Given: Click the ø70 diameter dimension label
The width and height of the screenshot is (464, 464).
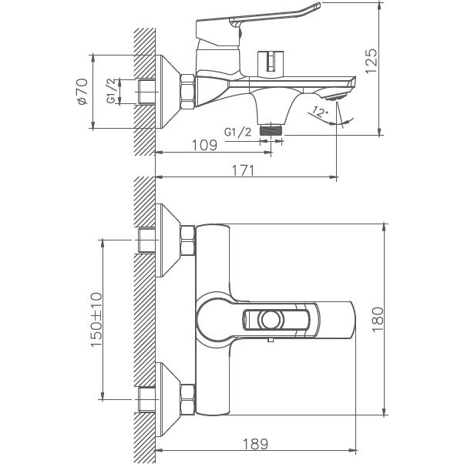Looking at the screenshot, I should click(x=82, y=92).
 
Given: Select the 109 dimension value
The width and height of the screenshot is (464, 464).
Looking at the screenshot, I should click(x=201, y=143).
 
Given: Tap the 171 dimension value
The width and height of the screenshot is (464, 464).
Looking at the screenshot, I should click(x=243, y=170).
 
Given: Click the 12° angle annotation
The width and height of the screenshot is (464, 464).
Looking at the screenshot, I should click(x=320, y=113).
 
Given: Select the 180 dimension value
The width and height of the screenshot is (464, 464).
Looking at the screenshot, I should click(x=377, y=318).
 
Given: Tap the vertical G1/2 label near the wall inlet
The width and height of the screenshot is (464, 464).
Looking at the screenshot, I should click(x=112, y=91).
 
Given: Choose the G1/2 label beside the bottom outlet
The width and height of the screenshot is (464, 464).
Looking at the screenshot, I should click(x=238, y=132).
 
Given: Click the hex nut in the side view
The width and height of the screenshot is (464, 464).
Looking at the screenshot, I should click(x=187, y=91).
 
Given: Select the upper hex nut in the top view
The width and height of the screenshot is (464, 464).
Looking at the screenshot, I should click(x=187, y=241).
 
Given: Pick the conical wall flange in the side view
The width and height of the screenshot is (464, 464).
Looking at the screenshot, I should click(x=166, y=91).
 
